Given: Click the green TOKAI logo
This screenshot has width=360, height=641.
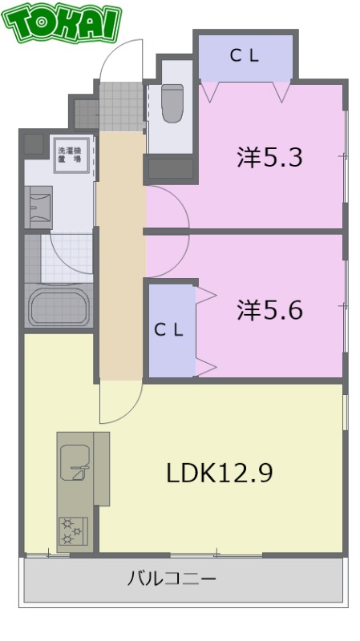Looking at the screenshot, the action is [x=62, y=22].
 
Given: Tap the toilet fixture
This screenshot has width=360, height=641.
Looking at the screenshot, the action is [x=172, y=103].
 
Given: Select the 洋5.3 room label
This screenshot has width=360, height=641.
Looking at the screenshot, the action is [x=269, y=157].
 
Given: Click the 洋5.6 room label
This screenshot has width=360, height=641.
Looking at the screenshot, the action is [x=269, y=310].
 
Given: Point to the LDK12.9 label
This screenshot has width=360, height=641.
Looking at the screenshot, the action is [x=219, y=473].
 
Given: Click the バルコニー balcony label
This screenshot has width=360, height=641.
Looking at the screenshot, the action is [x=172, y=579].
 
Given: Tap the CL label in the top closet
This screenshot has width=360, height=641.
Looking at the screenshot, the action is [x=245, y=56].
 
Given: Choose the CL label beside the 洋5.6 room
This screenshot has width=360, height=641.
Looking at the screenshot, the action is [x=168, y=330].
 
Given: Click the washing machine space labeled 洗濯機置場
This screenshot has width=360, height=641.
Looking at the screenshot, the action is [x=71, y=155].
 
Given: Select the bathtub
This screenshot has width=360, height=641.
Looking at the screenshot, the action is [x=59, y=307].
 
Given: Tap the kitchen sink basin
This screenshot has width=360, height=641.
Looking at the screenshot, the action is [x=75, y=462].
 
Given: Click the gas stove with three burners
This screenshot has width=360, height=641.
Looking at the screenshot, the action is [x=73, y=531].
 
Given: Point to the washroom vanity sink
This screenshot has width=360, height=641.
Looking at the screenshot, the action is [x=38, y=208].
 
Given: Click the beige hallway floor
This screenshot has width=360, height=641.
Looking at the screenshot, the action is [x=121, y=256].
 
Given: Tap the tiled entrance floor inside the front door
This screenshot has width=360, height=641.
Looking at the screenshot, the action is [x=121, y=107].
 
